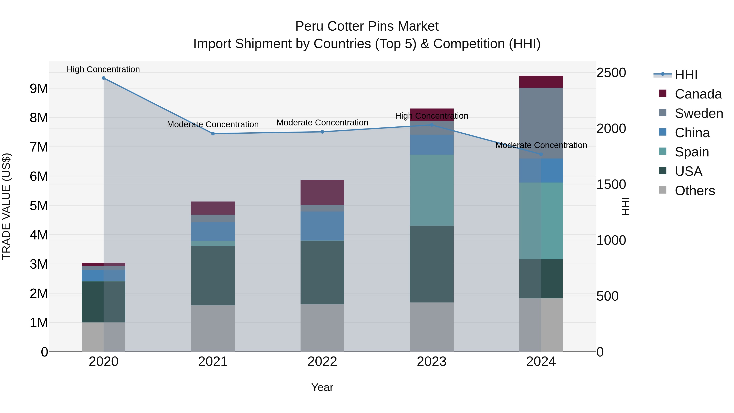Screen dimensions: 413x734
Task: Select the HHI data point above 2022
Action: [322, 132]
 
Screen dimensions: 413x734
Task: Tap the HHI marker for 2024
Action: [541, 154]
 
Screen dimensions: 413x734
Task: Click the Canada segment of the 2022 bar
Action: [322, 192]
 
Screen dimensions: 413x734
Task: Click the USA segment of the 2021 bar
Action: [213, 275]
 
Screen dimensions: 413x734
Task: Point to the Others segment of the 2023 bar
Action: [431, 327]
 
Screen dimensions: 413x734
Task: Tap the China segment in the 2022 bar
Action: [322, 226]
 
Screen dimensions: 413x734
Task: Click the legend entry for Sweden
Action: [698, 113]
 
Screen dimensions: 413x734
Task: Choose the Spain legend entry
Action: [692, 152]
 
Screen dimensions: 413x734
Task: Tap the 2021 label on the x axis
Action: [213, 362]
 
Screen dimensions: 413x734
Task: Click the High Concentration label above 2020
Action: [103, 69]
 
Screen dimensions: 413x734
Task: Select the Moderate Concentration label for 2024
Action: [541, 145]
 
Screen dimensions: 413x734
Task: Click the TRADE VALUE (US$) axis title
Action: [7, 206]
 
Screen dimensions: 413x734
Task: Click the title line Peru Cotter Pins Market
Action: [367, 26]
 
